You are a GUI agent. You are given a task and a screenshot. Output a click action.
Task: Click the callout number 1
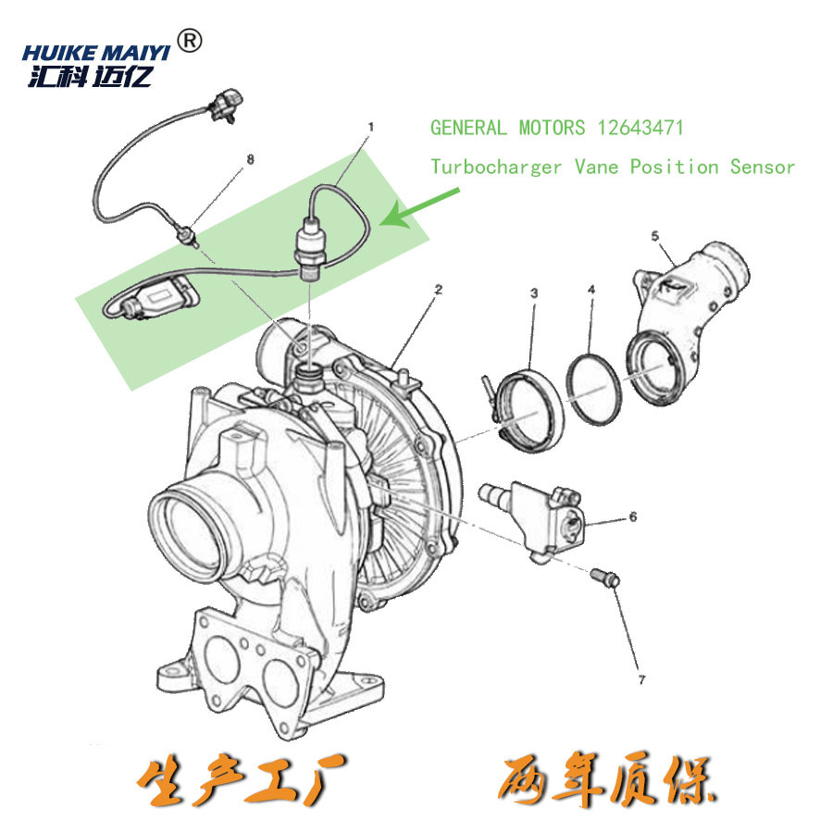(x=371, y=125)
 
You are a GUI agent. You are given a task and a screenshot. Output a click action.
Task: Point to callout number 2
(x=438, y=290)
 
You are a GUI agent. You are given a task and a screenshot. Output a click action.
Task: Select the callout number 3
(x=534, y=293)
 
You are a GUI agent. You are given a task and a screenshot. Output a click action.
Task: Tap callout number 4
(x=591, y=291)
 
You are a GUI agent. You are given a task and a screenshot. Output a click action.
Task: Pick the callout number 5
(x=654, y=236)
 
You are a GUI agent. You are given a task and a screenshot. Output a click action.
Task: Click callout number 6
(x=632, y=516)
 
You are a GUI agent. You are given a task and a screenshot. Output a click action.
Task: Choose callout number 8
(x=249, y=160)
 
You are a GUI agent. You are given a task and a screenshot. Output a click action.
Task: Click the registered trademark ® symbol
(x=189, y=42)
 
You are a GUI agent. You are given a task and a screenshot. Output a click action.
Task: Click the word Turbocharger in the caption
(x=496, y=168)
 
